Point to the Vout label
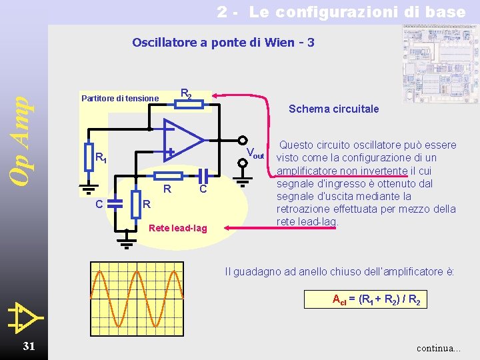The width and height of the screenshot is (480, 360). [x=255, y=154]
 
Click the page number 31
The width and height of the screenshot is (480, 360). [x=29, y=345]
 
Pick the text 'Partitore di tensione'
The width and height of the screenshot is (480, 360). [x=120, y=99]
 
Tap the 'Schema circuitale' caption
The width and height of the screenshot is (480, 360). [x=333, y=109]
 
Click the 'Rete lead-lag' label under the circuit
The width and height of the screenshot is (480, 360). [x=178, y=229]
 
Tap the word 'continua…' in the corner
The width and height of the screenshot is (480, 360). [x=438, y=348]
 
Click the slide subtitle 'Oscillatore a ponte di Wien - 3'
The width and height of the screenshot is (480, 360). [x=223, y=43]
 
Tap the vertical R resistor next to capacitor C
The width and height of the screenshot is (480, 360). [x=136, y=204]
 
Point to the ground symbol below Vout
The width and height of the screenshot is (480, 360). [x=244, y=178]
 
